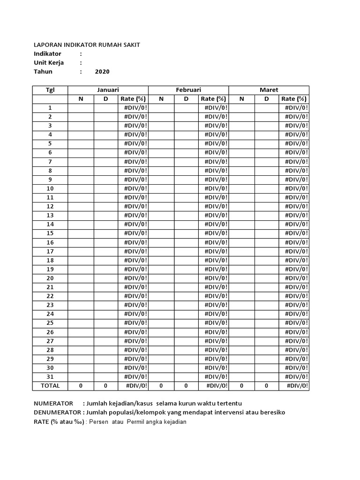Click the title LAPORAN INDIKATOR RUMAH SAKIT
pos(87,45)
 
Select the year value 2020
pos(102,72)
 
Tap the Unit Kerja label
pos(49,63)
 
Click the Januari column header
pos(108,90)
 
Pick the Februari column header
pos(188,90)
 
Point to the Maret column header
pos(269,90)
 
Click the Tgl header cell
pos(50,90)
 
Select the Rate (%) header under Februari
pos(213,99)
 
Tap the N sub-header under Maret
pos(241,99)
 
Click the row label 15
pos(50,233)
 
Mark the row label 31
pos(50,377)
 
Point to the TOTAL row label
pos(50,386)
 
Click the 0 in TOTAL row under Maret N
pos(241,386)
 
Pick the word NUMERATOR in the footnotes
pos(53,404)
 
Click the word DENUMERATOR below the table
pos(57,412)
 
